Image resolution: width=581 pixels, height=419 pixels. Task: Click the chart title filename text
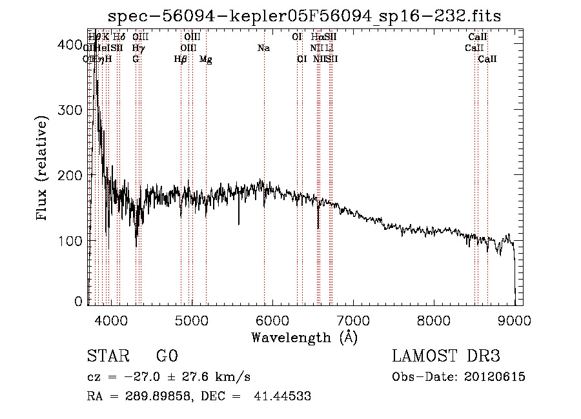tap(304, 16)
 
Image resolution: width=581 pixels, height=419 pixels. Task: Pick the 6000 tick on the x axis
tap(272, 319)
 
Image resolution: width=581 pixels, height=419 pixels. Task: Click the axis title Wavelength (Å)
tap(304, 337)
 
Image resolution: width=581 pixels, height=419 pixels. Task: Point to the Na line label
tap(263, 48)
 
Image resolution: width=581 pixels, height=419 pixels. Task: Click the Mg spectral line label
tap(205, 59)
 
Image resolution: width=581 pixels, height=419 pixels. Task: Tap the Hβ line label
tap(181, 59)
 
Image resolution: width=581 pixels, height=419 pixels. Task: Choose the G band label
tap(136, 59)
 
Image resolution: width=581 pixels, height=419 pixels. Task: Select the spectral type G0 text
tap(167, 356)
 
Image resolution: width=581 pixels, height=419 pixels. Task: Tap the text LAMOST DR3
tap(446, 356)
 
